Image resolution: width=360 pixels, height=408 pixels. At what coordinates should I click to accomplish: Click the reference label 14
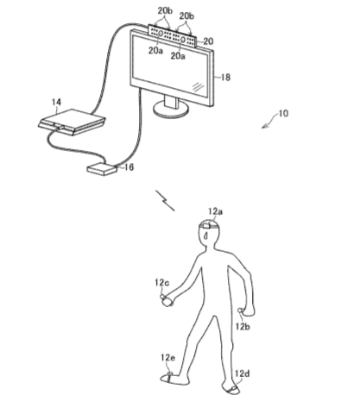(x=56, y=102)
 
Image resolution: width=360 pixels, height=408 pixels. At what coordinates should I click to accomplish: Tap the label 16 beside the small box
(x=129, y=167)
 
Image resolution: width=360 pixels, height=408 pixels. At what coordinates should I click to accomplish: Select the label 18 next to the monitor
(x=225, y=78)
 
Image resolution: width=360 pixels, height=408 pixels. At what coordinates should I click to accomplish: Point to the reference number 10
(x=283, y=113)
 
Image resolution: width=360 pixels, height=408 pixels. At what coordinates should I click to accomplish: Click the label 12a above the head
(x=216, y=212)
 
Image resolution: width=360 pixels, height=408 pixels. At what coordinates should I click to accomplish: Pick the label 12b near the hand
(x=243, y=326)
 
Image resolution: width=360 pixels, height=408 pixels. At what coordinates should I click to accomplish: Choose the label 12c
(x=161, y=283)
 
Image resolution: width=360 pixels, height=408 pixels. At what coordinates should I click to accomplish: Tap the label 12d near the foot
(x=242, y=373)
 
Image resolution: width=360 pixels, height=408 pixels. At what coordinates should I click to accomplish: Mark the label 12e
(x=167, y=358)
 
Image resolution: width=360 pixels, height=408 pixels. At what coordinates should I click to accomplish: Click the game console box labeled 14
(x=72, y=122)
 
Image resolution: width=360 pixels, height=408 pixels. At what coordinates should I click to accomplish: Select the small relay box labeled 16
(x=102, y=168)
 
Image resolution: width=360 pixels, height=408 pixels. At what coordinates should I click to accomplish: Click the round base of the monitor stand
(x=171, y=110)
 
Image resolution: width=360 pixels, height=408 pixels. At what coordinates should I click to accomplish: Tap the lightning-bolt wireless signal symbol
(x=165, y=200)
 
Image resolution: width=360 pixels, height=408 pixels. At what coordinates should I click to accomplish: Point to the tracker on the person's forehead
(x=206, y=226)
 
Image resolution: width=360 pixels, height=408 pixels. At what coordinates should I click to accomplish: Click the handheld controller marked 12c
(x=166, y=300)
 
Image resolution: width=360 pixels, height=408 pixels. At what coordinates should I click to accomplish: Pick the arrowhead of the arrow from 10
(x=263, y=127)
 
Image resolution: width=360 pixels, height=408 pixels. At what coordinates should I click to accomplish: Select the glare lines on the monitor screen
(x=198, y=86)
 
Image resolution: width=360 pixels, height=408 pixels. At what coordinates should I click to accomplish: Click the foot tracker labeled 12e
(x=169, y=375)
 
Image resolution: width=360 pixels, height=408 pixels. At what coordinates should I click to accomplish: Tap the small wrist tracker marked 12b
(x=239, y=311)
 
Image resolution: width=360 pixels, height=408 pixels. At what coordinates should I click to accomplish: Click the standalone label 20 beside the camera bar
(x=208, y=41)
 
